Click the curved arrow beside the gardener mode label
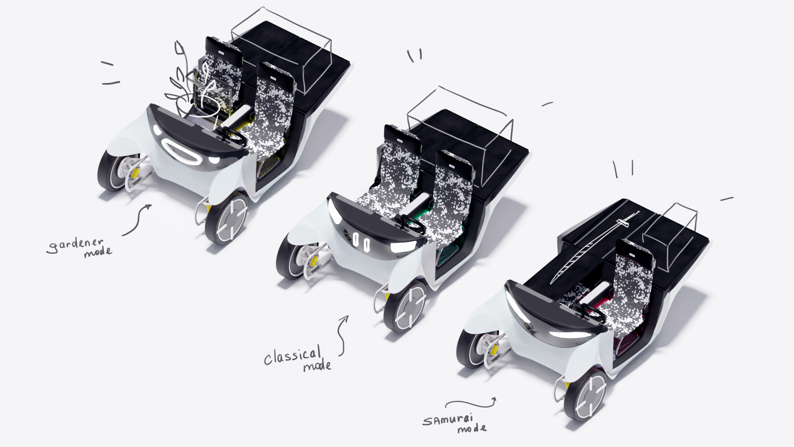pyautogui.click(x=138, y=219)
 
